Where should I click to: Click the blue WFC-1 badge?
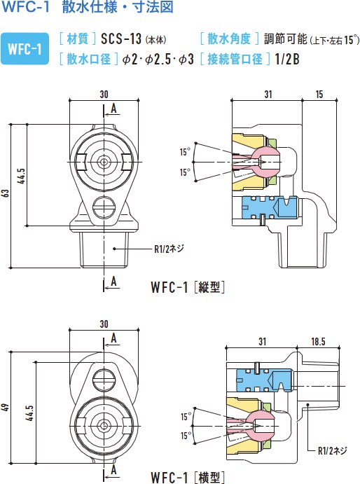coord(25,49)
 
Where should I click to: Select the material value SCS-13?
coord(121,39)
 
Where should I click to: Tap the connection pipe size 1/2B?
coord(287,59)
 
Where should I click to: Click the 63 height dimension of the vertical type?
coord(6,193)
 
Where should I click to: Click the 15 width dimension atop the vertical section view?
coord(319,95)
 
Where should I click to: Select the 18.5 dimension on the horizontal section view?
coord(318,341)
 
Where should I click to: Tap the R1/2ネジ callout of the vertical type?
coord(169,249)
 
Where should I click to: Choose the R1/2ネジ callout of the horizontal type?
coord(332,450)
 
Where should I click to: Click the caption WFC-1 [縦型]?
coord(188,287)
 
